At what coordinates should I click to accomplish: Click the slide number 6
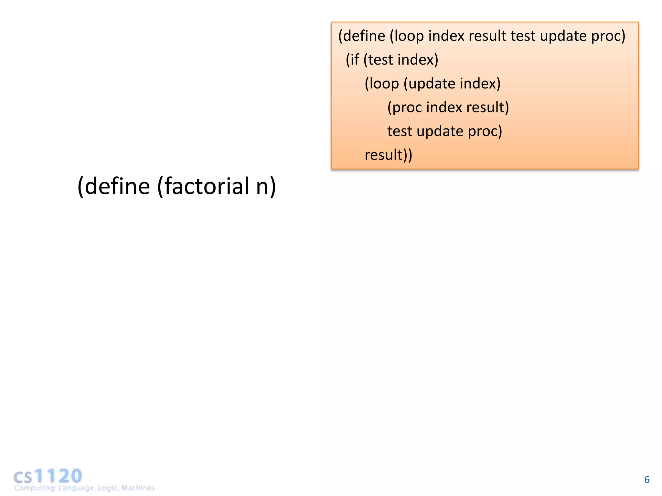coord(646,480)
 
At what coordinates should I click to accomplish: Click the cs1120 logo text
coord(48,476)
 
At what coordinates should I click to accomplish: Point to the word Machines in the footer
coord(138,488)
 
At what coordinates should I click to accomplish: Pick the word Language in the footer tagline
coord(77,488)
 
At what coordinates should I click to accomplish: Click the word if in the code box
coord(355,60)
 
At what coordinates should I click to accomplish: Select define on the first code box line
coord(364,36)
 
